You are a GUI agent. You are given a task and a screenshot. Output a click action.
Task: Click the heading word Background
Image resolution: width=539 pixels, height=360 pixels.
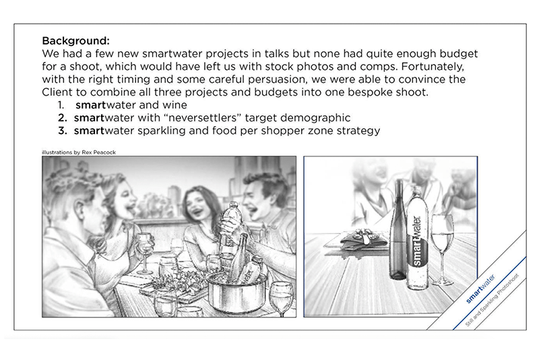75,40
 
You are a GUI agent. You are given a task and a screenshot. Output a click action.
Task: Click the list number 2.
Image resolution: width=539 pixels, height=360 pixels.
62,117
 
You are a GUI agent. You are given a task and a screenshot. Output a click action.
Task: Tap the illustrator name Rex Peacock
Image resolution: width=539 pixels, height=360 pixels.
98,152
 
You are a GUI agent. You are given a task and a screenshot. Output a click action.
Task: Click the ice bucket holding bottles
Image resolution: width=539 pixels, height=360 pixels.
237,293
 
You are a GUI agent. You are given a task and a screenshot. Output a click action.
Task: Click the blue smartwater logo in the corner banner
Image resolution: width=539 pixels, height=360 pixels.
480,289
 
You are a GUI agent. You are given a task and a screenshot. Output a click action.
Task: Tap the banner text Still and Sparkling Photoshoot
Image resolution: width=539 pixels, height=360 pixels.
492,300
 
